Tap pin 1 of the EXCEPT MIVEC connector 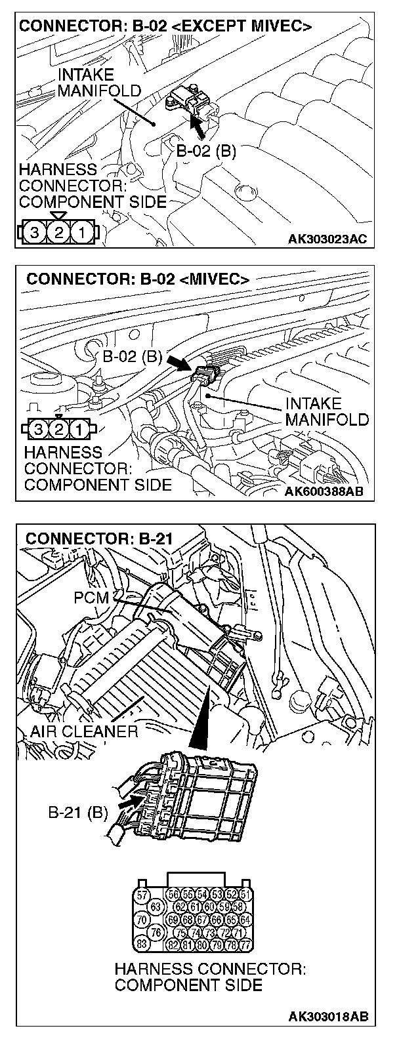82,232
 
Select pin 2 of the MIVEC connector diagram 60,430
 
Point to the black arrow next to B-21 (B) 131,802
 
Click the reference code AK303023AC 327,239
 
